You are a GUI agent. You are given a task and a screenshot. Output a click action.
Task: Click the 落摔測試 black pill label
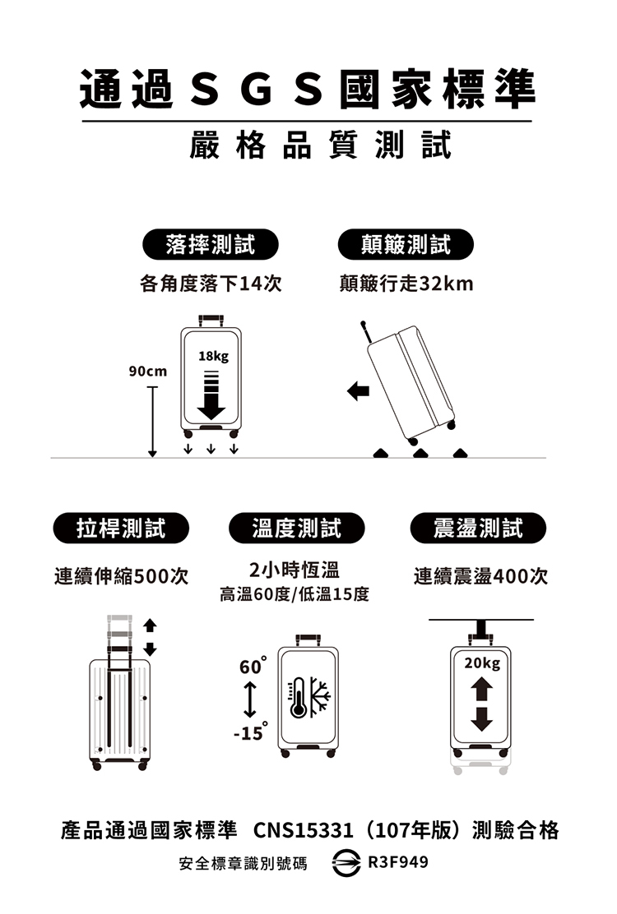(x=210, y=243)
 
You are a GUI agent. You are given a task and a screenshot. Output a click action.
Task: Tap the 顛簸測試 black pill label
(x=406, y=243)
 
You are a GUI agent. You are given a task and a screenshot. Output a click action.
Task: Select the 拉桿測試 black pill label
(x=121, y=527)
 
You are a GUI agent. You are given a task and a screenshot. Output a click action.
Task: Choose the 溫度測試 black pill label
(x=297, y=527)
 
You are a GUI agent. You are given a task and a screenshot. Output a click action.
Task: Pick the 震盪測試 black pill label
(x=478, y=527)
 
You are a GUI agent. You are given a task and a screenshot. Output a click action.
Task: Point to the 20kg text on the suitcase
(x=480, y=662)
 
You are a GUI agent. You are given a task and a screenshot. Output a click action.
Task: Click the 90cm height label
(x=148, y=372)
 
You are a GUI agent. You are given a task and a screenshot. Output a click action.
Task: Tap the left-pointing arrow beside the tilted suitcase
(x=358, y=390)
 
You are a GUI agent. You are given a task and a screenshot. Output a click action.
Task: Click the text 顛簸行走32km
(x=406, y=284)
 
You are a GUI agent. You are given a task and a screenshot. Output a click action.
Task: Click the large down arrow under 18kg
(x=211, y=401)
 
